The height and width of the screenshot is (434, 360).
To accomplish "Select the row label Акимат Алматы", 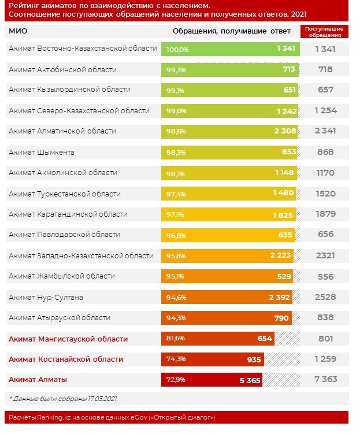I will click(38, 380).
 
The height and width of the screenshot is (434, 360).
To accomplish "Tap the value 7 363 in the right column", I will click(325, 380).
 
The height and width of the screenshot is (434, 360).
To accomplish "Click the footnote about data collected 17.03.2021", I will click(64, 399).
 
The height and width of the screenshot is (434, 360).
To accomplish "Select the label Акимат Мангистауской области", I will click(68, 339).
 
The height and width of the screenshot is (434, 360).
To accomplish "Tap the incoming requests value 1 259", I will click(325, 359).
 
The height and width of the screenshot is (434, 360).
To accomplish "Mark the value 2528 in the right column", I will click(325, 298).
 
